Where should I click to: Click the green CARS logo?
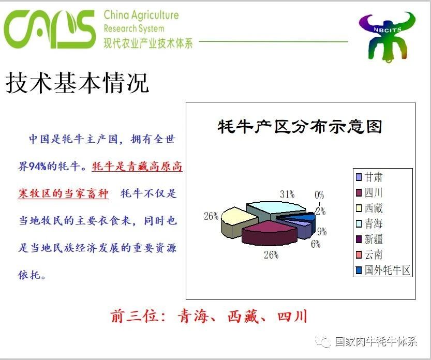click(x=50, y=29)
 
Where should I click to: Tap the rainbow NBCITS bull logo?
click(x=387, y=36)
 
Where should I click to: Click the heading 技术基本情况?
click(x=77, y=82)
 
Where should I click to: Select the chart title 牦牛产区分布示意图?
click(x=300, y=127)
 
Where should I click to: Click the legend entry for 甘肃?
click(x=369, y=177)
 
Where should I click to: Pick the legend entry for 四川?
click(x=369, y=192)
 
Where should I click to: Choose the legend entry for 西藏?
click(x=369, y=208)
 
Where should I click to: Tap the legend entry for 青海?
click(x=369, y=223)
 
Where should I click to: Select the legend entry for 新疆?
click(x=369, y=239)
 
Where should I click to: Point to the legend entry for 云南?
click(x=369, y=255)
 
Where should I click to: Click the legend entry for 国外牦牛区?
click(x=383, y=270)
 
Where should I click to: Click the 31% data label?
click(x=287, y=194)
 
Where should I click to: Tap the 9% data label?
click(x=322, y=232)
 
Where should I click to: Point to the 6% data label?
click(x=316, y=244)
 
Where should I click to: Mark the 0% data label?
click(x=319, y=195)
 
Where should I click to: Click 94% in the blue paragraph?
click(x=38, y=166)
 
